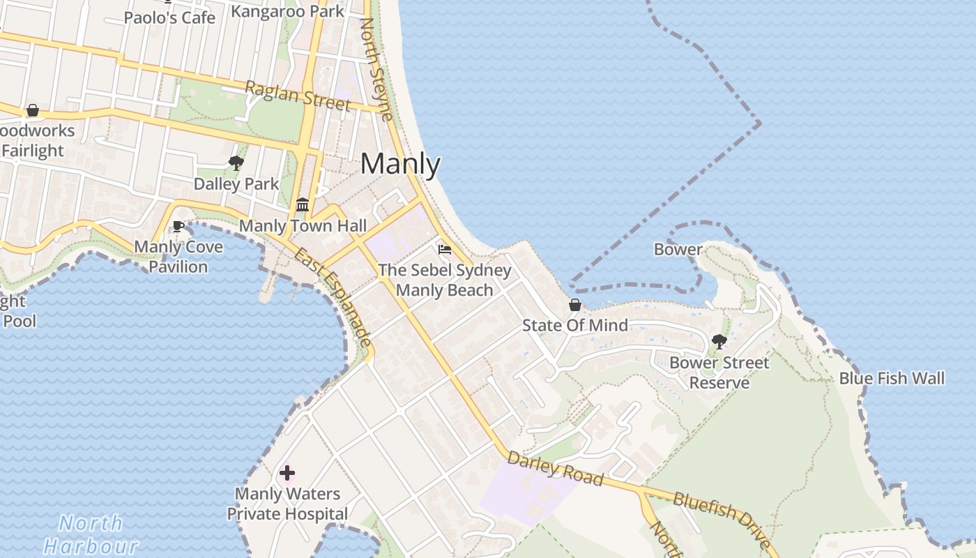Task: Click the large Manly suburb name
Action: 400,165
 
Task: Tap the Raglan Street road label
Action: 297,96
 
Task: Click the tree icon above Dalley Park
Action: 236,163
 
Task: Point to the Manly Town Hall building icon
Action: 303,205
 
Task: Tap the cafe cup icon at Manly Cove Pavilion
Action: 178,226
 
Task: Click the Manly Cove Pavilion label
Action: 178,257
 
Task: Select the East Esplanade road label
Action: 333,296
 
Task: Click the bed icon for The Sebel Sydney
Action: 444,250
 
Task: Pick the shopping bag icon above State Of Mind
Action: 575,305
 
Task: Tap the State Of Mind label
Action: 575,325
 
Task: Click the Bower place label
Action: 678,249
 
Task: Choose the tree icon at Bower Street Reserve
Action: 719,342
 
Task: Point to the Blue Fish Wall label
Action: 892,379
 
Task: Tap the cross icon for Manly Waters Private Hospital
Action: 287,473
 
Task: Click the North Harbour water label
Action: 91,534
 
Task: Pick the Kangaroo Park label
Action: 287,11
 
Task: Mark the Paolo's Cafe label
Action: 169,17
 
